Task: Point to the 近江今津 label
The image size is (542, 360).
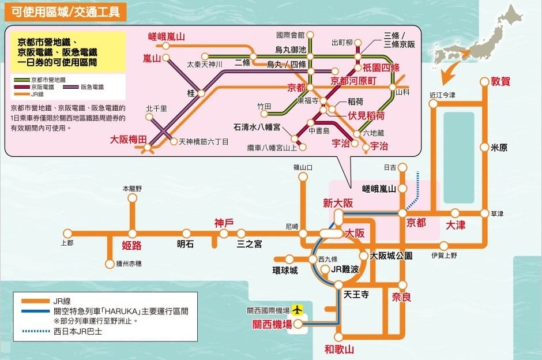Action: pyautogui.click(x=442, y=95)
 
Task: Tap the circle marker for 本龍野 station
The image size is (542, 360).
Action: pyautogui.click(x=132, y=198)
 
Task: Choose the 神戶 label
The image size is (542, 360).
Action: pyautogui.click(x=224, y=223)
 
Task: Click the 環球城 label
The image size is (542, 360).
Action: pyautogui.click(x=285, y=271)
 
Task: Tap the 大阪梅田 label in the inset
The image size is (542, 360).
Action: pyautogui.click(x=129, y=139)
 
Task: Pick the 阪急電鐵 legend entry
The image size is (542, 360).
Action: pyautogui.click(x=89, y=87)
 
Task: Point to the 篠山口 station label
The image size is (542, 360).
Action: pyautogui.click(x=302, y=168)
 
